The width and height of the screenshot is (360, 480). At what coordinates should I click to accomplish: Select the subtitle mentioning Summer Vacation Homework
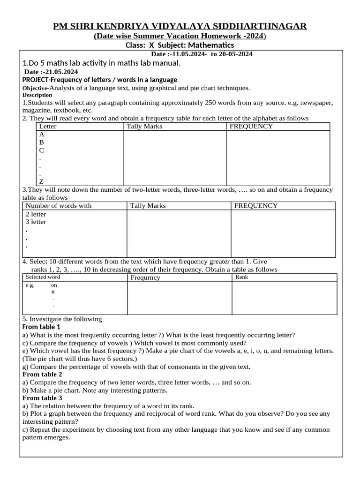[x=180, y=36]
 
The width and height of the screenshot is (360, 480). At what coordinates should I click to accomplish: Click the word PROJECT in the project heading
[x=36, y=80]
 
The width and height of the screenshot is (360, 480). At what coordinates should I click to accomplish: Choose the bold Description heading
[x=37, y=95]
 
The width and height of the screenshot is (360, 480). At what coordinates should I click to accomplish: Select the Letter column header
[x=48, y=126]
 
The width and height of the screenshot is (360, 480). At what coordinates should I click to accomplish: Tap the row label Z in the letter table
[x=42, y=181]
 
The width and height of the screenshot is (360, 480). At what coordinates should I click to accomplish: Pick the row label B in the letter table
[x=42, y=142]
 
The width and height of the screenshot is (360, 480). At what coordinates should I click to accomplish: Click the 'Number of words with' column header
[x=59, y=206]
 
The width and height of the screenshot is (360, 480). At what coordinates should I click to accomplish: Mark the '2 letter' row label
[x=36, y=214]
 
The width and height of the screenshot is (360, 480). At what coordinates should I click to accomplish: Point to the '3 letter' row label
[x=36, y=222]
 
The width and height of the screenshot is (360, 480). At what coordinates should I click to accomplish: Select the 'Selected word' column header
[x=43, y=277]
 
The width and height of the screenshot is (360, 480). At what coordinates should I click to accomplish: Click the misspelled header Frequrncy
[x=145, y=277]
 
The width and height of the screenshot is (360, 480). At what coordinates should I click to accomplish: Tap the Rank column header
[x=242, y=277]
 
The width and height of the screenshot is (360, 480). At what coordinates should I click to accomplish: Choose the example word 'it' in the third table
[x=53, y=292]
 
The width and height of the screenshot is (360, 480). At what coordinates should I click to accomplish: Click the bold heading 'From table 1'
[x=41, y=327]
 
